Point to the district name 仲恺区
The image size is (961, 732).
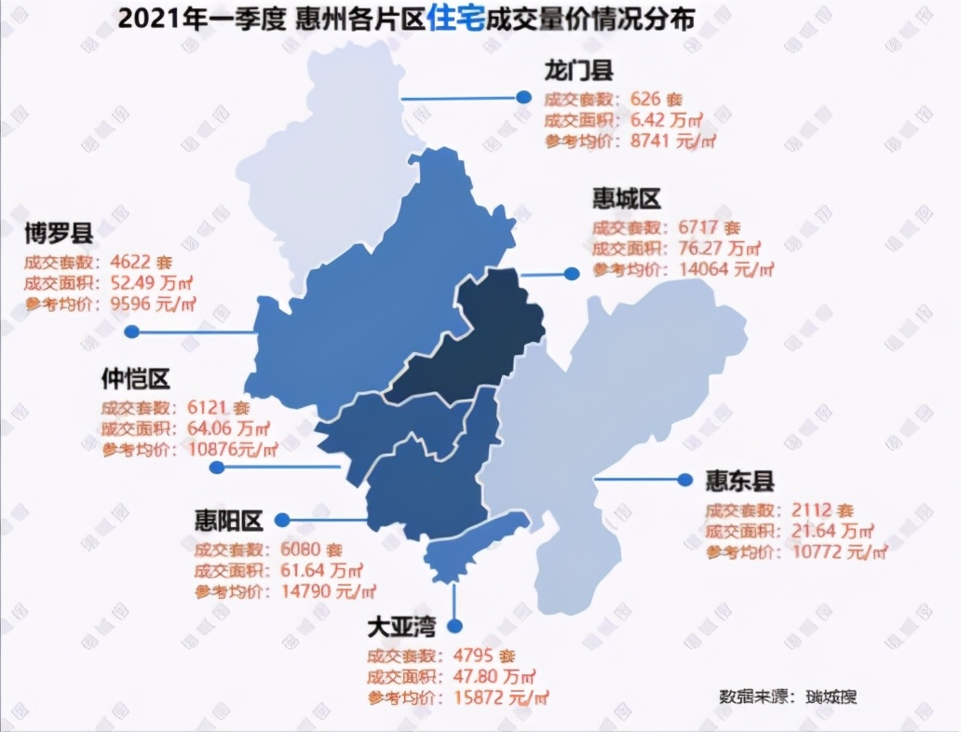click(136, 379)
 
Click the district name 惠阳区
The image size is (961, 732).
click(229, 520)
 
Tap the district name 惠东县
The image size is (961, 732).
click(739, 481)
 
